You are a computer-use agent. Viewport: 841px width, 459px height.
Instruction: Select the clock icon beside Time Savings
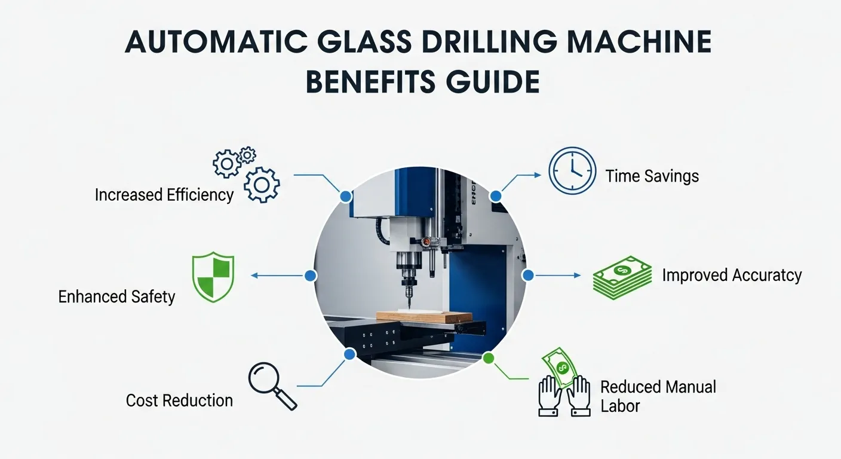[572, 170]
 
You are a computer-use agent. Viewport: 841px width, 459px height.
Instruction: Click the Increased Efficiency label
[164, 195]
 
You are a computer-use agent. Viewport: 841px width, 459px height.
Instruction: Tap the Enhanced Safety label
[116, 297]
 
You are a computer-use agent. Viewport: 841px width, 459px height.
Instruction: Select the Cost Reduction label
[179, 400]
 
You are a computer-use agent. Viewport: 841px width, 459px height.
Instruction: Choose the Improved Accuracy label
[732, 275]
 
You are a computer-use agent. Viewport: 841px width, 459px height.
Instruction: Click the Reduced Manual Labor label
[658, 396]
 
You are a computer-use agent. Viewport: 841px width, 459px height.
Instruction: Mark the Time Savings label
[652, 176]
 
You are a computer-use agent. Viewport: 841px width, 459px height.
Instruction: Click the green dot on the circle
[489, 359]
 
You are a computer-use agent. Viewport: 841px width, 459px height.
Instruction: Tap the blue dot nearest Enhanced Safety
[310, 276]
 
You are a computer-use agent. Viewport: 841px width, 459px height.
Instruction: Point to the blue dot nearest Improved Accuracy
[527, 276]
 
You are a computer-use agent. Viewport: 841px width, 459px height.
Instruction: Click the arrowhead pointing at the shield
[253, 276]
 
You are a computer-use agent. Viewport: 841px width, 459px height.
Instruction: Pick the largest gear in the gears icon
[262, 185]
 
